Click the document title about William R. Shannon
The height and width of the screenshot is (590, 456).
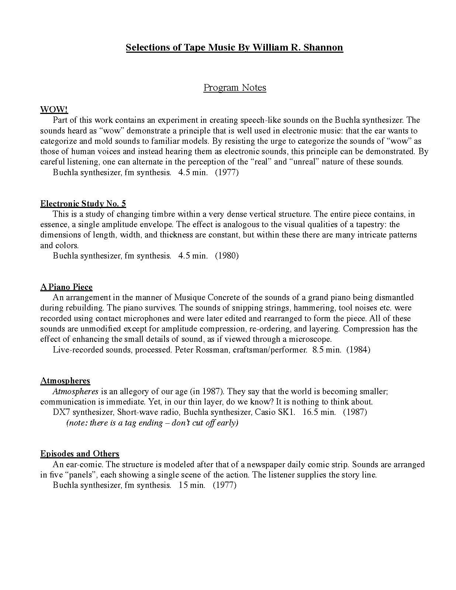point(234,48)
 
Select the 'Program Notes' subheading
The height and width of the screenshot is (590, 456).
point(235,88)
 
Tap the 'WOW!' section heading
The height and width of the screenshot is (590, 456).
point(54,110)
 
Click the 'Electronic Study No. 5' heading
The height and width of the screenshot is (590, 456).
point(83,204)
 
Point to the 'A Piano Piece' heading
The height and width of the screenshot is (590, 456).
point(66,287)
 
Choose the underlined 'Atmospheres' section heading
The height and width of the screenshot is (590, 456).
point(65,381)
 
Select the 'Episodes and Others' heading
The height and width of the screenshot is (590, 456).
point(80,454)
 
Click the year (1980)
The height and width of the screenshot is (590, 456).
point(227,256)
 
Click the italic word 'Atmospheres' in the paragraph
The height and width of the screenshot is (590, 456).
point(75,392)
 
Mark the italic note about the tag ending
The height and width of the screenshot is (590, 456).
point(152,423)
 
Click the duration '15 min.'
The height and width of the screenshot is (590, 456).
point(192,485)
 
